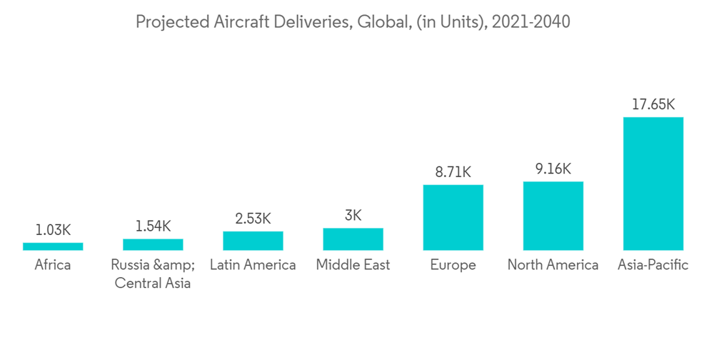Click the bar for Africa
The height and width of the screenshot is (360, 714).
(x=53, y=246)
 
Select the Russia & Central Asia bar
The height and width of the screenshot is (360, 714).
(x=153, y=244)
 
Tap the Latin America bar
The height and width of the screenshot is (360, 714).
(x=253, y=241)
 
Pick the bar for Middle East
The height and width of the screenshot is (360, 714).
(x=353, y=239)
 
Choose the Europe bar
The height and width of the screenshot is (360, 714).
(x=453, y=218)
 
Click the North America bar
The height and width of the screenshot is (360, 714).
(x=553, y=216)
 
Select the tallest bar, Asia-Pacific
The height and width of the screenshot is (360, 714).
(x=653, y=184)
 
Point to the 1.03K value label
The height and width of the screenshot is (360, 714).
(x=53, y=229)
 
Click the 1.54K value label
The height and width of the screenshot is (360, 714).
(x=153, y=226)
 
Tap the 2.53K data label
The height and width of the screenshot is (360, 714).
(x=253, y=218)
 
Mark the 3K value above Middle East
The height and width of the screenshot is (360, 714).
(x=353, y=215)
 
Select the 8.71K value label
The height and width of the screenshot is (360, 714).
(x=453, y=172)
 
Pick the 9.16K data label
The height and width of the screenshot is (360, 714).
(x=553, y=169)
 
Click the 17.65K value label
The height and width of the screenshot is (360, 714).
(x=653, y=104)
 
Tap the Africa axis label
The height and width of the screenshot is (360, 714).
(x=53, y=265)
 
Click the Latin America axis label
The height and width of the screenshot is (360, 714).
(x=253, y=265)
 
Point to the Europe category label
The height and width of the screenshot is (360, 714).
(x=453, y=265)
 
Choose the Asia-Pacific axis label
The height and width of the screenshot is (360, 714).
(x=653, y=265)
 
